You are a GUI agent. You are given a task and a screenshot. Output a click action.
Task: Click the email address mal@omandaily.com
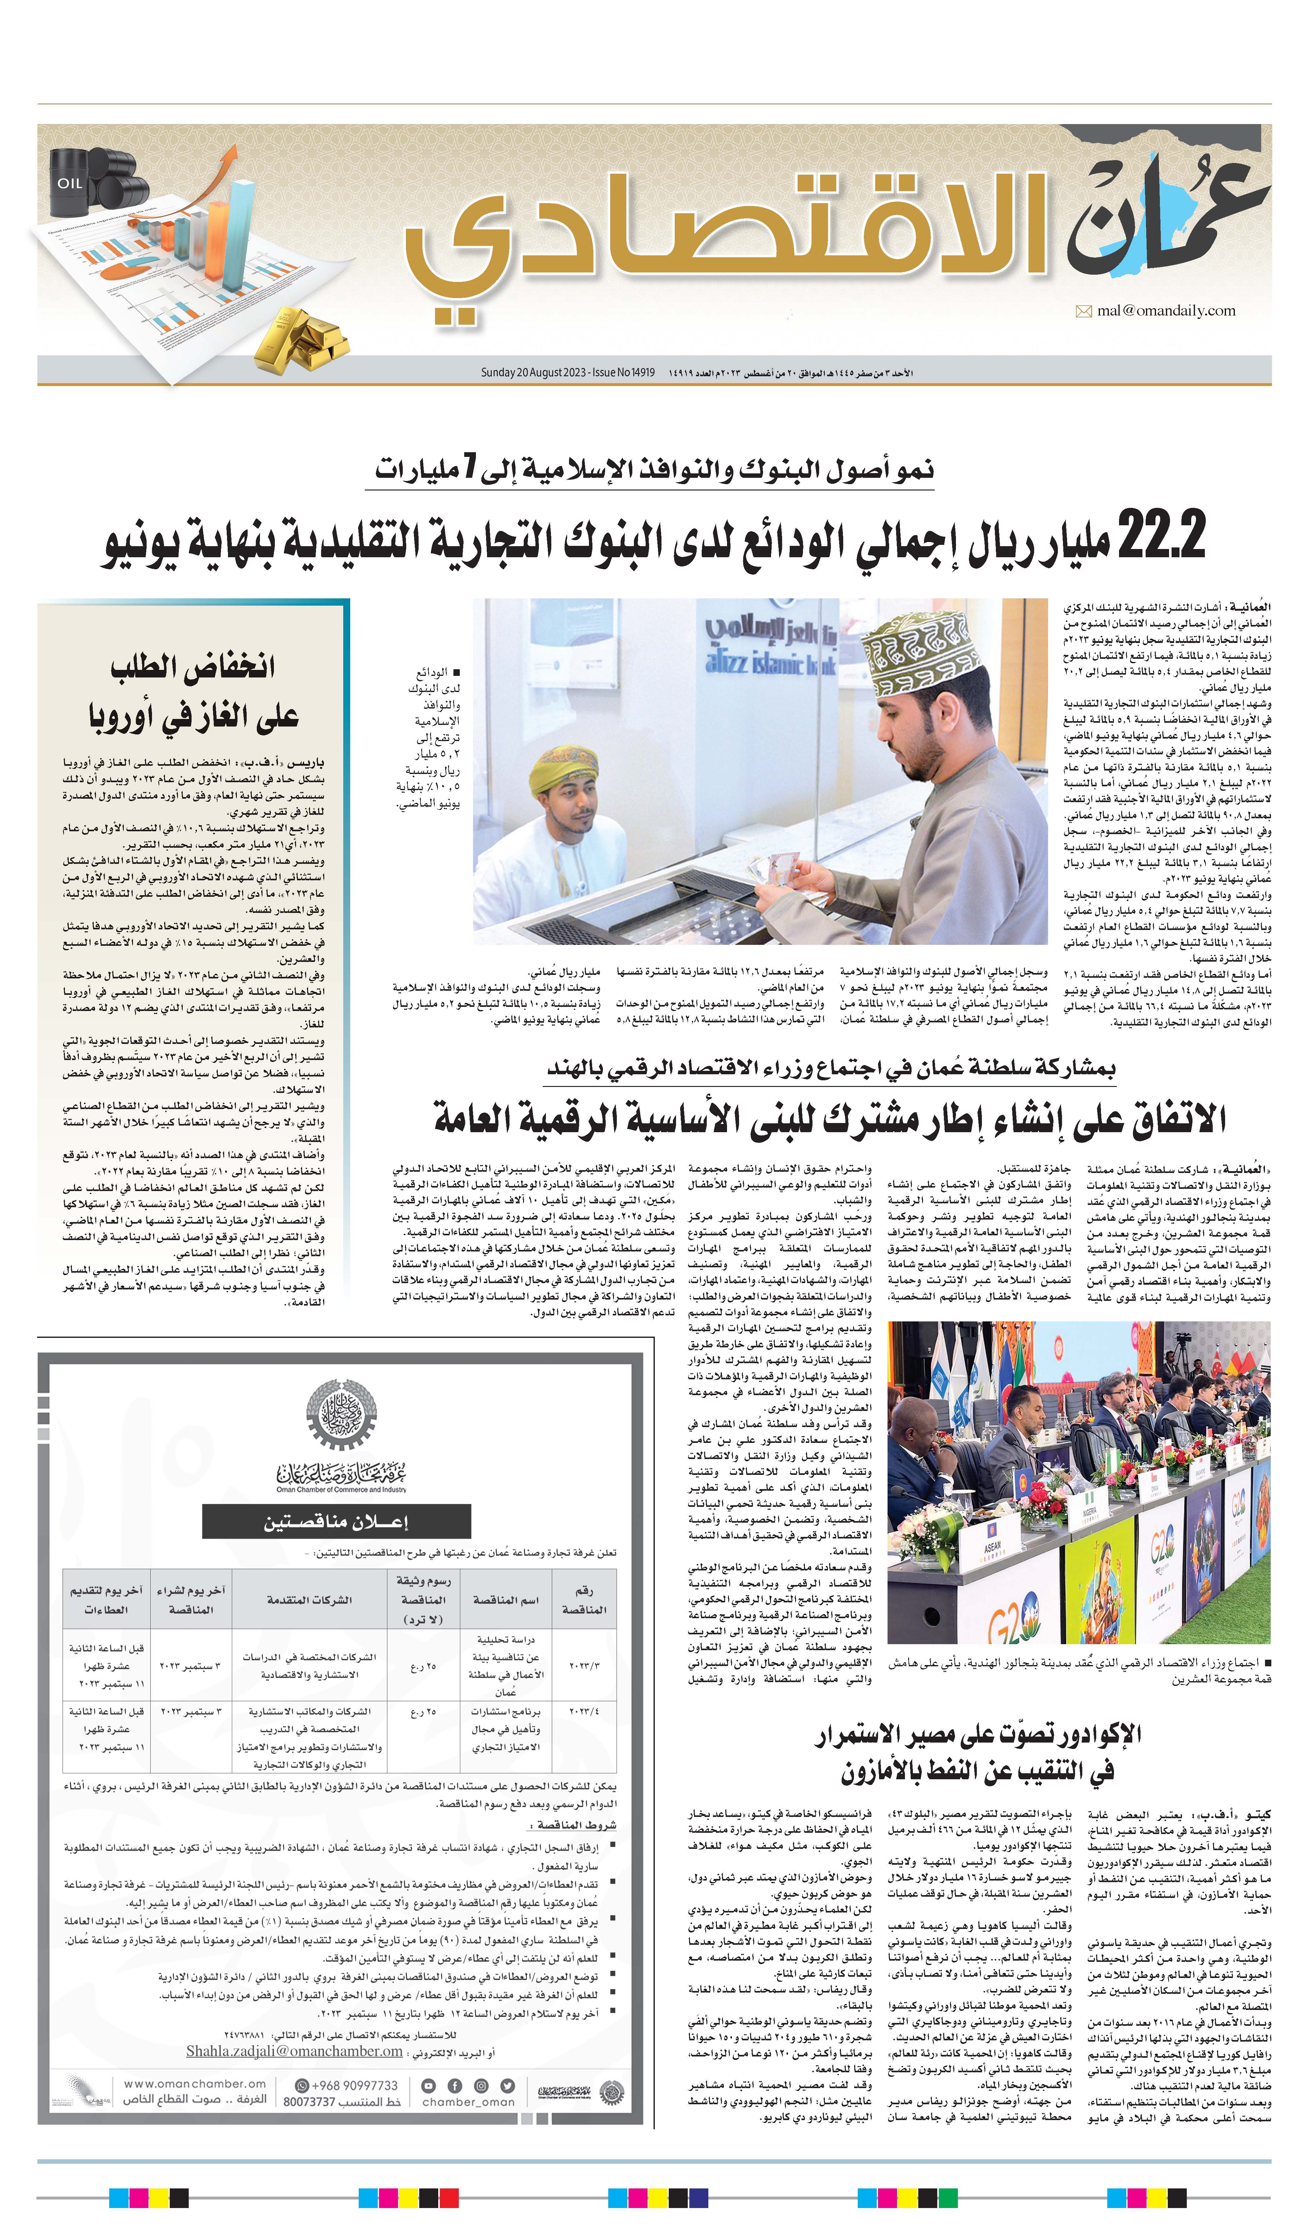click(x=1166, y=310)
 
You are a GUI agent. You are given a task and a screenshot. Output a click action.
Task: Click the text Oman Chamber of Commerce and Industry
click(x=341, y=1489)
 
